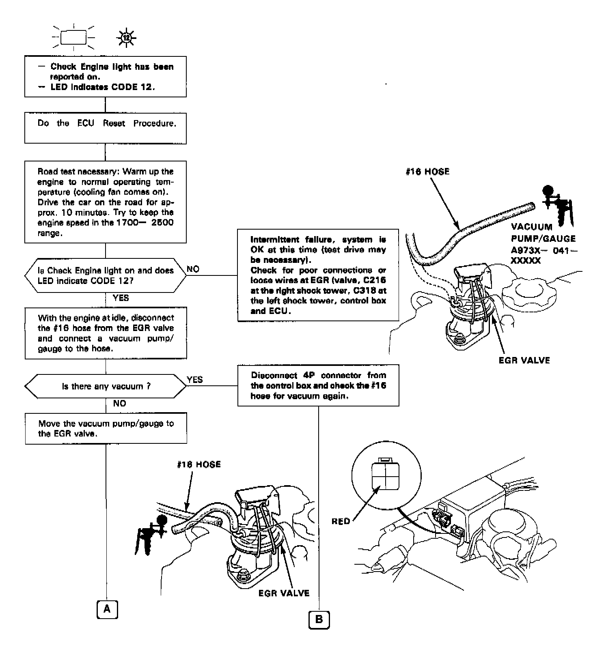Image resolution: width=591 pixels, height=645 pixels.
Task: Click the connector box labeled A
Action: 107,609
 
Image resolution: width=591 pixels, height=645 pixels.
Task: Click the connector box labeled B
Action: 319,619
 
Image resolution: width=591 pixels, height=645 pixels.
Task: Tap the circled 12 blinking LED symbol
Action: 127,39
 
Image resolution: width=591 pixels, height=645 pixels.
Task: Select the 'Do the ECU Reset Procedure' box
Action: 106,128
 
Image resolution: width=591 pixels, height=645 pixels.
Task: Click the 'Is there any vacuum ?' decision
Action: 106,386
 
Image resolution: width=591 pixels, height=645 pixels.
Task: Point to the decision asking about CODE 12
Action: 106,275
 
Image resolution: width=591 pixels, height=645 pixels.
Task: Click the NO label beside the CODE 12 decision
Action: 193,269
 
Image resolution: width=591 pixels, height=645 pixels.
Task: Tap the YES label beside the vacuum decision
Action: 195,380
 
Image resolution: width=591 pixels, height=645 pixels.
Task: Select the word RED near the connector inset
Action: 341,521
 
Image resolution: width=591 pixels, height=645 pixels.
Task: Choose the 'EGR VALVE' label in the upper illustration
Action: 524,360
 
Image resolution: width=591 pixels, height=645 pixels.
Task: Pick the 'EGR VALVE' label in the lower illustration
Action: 284,593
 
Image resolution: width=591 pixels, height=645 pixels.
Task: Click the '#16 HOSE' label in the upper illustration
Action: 427,172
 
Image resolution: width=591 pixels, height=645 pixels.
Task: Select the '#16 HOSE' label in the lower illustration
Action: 199,464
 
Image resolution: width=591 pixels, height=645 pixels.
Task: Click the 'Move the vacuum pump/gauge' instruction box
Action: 106,428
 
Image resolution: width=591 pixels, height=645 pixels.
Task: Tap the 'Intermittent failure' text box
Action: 318,275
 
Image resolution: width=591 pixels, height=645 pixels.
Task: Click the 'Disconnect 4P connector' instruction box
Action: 318,385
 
